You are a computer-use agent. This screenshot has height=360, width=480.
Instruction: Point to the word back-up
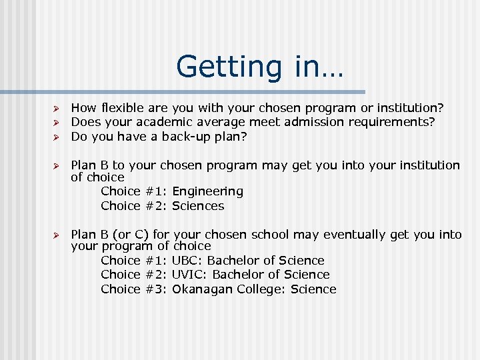coord(189,136)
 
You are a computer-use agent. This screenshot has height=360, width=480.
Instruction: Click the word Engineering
coord(207,191)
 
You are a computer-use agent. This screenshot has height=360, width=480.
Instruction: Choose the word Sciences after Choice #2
coord(198,206)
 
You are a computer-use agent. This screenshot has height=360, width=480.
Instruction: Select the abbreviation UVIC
coord(187,275)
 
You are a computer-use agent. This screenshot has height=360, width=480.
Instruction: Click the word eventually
coord(355,235)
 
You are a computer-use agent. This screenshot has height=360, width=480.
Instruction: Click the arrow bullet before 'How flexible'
coord(58,108)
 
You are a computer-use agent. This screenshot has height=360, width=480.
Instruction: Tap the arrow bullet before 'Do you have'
coord(58,137)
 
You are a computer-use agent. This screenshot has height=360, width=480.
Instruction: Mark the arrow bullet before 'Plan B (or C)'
coord(58,235)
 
